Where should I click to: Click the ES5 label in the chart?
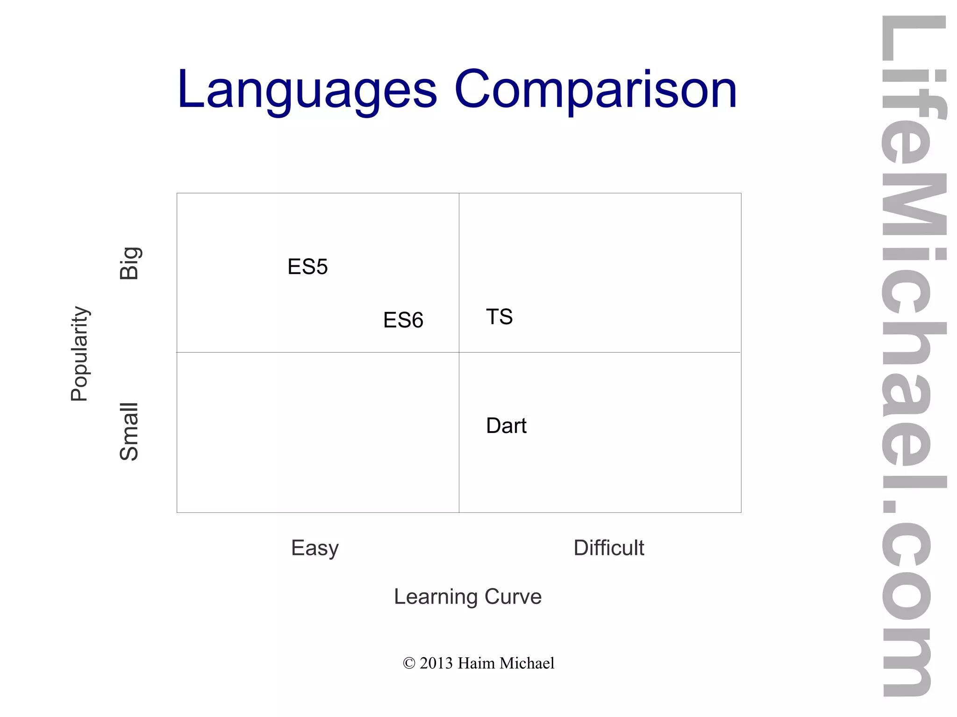coord(307,267)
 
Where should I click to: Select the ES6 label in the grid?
coord(403,320)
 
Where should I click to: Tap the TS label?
coord(499,317)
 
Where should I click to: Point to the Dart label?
coord(506,426)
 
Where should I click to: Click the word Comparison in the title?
coord(595,90)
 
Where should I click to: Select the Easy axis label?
coord(314,548)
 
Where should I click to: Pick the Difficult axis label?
coord(608,548)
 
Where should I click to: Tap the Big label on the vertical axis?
coord(129,263)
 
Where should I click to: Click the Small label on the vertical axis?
coord(129,432)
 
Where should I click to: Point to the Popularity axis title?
coord(79,354)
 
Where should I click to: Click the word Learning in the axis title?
coord(436,597)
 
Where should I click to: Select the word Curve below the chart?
coord(513,596)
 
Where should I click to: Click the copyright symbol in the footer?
coord(409,663)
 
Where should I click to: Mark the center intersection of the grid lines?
coord(459,352)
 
